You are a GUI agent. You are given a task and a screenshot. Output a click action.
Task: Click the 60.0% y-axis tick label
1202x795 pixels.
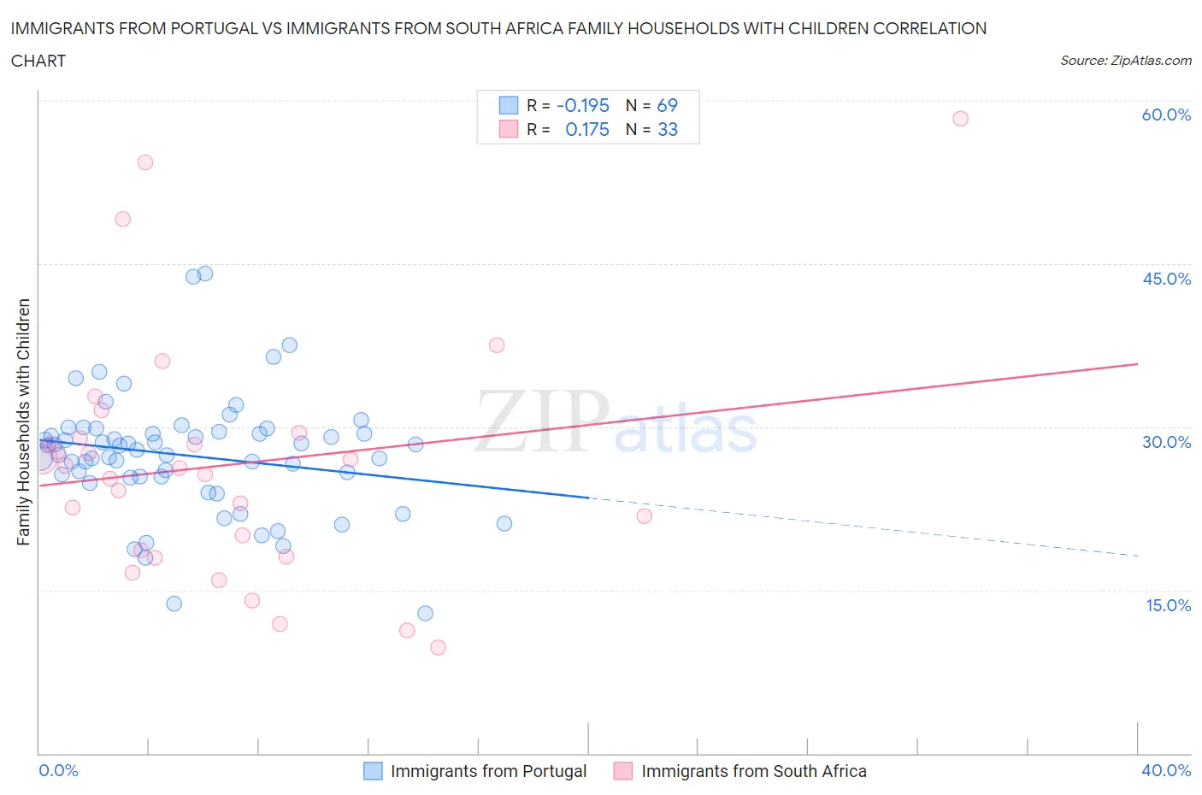click(1166, 115)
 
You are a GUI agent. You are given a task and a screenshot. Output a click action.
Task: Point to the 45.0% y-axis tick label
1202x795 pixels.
click(1166, 279)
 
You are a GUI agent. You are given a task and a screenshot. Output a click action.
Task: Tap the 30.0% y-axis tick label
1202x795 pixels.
click(1166, 442)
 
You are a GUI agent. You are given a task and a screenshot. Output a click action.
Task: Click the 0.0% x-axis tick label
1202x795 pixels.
click(58, 770)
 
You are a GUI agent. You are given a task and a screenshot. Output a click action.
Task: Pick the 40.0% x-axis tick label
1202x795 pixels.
click(1166, 770)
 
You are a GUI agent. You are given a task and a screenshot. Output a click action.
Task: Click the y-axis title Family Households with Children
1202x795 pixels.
click(23, 421)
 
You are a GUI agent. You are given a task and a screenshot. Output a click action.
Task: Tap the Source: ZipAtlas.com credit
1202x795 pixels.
click(1125, 61)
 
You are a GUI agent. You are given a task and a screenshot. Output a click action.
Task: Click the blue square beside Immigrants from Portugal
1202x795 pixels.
click(373, 771)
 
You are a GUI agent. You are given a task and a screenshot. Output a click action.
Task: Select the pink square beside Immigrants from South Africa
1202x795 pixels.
click(623, 771)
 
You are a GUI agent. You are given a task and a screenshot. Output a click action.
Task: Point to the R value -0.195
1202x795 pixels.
click(582, 105)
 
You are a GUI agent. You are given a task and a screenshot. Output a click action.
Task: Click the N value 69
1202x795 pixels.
click(667, 105)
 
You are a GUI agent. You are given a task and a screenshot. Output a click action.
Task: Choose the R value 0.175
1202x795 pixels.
click(587, 129)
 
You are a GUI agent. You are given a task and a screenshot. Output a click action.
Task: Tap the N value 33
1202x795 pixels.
click(667, 129)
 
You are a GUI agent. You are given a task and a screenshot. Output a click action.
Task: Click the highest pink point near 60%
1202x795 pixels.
click(960, 119)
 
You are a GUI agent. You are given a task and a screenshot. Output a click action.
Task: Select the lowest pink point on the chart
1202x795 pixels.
click(438, 647)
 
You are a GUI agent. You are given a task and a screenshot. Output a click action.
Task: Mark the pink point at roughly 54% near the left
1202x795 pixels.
click(145, 162)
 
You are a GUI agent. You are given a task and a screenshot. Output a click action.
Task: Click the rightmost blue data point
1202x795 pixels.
click(504, 523)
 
